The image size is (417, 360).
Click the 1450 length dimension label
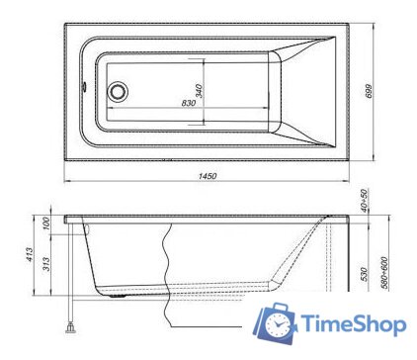pyautogui.click(x=208, y=175)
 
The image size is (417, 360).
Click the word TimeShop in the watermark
pyautogui.click(x=351, y=324)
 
